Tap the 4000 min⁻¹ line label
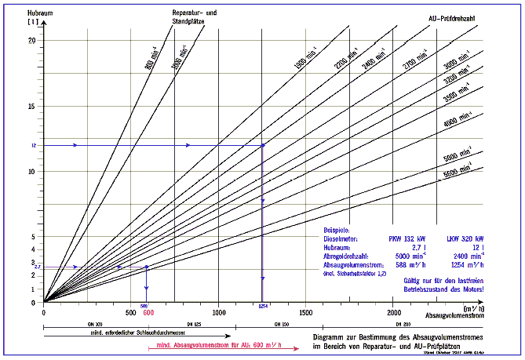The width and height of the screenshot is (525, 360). [x=455, y=121]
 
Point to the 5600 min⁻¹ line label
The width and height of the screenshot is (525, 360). [x=455, y=168]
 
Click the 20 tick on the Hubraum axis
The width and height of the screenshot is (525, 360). [x=32, y=41]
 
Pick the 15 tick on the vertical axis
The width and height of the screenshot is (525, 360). [x=32, y=107]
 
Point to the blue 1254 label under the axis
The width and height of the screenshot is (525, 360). [x=262, y=307]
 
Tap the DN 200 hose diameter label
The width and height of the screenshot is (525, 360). [x=402, y=324]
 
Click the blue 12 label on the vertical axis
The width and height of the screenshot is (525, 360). [x=34, y=146]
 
